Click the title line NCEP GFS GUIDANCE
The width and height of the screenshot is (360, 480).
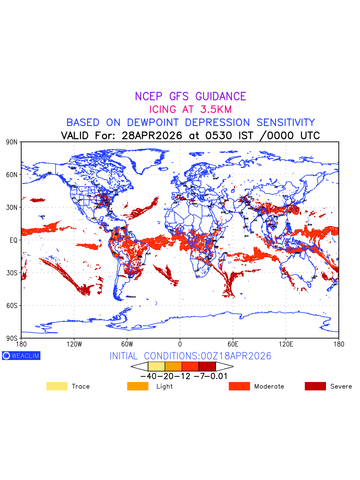(190, 96)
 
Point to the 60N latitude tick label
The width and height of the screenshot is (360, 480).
(11, 175)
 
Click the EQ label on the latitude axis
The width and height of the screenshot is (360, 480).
(14, 240)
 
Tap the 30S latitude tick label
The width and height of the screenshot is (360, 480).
(11, 273)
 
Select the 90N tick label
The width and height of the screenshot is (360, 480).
(11, 142)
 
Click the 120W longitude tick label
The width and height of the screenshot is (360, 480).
(74, 344)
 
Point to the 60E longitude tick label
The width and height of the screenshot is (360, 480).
(233, 344)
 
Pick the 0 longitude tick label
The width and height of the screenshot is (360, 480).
(180, 344)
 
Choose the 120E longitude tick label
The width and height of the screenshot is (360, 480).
(286, 344)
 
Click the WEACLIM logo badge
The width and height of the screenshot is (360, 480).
(21, 356)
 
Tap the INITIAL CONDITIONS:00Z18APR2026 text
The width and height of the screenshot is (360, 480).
(190, 356)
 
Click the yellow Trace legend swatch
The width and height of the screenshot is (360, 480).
(57, 386)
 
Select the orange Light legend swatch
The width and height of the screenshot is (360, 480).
(138, 386)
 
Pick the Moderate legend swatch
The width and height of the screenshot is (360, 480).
(239, 386)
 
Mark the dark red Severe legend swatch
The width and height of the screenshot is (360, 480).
(315, 386)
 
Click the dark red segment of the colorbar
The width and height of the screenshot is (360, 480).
(207, 366)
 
